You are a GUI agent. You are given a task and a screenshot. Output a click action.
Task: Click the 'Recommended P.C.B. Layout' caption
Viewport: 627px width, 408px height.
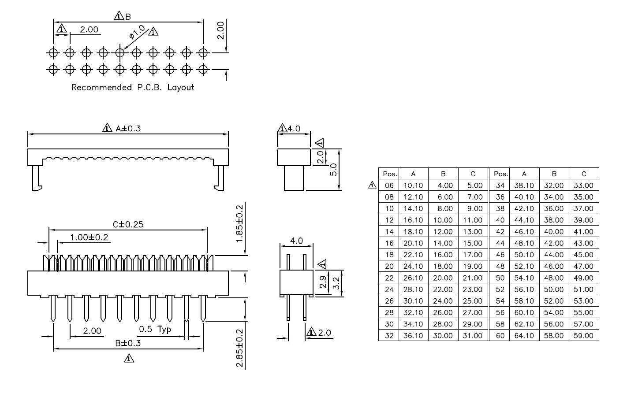click(133, 88)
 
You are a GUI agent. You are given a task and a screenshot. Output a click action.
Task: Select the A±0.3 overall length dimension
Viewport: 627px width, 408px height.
click(128, 129)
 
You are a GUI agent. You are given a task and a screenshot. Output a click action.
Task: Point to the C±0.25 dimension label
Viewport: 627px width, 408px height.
click(128, 224)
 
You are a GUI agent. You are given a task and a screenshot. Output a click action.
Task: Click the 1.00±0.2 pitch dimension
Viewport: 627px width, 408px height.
click(89, 237)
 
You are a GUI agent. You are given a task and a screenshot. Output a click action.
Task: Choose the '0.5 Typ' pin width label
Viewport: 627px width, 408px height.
click(155, 330)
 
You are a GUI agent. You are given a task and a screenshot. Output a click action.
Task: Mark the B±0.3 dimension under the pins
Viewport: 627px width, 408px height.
click(128, 343)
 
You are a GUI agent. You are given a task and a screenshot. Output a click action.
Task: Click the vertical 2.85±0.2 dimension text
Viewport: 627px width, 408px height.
click(239, 348)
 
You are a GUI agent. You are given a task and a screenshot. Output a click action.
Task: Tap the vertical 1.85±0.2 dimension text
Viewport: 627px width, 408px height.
click(239, 224)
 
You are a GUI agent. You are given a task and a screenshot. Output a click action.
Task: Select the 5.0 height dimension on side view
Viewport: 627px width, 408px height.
click(333, 170)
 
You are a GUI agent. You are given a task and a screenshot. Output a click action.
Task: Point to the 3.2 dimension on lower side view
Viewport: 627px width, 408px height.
click(336, 283)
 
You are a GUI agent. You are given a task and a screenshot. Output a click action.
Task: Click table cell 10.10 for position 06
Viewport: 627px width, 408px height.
click(413, 185)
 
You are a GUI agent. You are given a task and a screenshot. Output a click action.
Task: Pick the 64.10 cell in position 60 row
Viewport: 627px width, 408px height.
click(524, 336)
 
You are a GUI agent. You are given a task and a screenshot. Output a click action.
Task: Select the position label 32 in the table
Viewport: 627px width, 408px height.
click(389, 336)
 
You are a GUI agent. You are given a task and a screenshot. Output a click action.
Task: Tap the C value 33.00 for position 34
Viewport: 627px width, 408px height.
click(584, 185)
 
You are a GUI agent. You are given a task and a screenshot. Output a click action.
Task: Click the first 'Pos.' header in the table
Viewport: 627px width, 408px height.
click(390, 174)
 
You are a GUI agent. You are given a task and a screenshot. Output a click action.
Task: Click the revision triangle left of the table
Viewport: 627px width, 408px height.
click(372, 185)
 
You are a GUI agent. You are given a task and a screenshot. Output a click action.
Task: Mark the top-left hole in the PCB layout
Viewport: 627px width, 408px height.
click(53, 52)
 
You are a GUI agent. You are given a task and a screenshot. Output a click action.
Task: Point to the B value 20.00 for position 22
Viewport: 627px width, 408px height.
click(443, 278)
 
